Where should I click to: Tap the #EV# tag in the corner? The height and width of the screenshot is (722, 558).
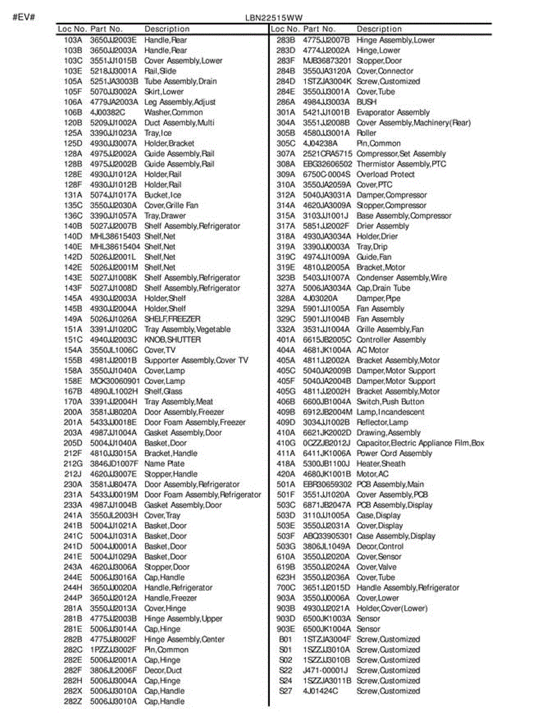point(23,16)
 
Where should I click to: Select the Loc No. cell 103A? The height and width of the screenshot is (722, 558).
point(73,40)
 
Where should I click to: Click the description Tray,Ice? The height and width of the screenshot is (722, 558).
point(158,133)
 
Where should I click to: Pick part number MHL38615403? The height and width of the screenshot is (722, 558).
point(115,236)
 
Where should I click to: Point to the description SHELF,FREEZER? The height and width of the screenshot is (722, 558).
point(172,319)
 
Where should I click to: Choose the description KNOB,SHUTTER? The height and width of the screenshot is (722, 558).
point(172,339)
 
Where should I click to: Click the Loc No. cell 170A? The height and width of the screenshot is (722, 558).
point(73,402)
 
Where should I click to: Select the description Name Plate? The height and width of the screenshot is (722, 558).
point(164,464)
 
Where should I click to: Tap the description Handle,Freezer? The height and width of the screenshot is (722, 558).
point(170,598)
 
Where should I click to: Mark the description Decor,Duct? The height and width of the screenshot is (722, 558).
point(163,670)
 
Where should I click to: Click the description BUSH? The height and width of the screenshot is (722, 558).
point(367,102)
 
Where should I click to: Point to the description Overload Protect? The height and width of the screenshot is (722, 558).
point(385,174)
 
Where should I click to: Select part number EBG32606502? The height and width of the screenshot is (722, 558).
point(327,164)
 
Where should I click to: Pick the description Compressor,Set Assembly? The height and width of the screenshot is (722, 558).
point(401,154)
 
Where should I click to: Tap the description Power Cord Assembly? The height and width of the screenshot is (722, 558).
point(394,453)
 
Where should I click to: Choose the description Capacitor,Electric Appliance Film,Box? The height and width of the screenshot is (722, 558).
point(420,443)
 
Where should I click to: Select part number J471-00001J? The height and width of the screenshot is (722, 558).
point(325,670)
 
